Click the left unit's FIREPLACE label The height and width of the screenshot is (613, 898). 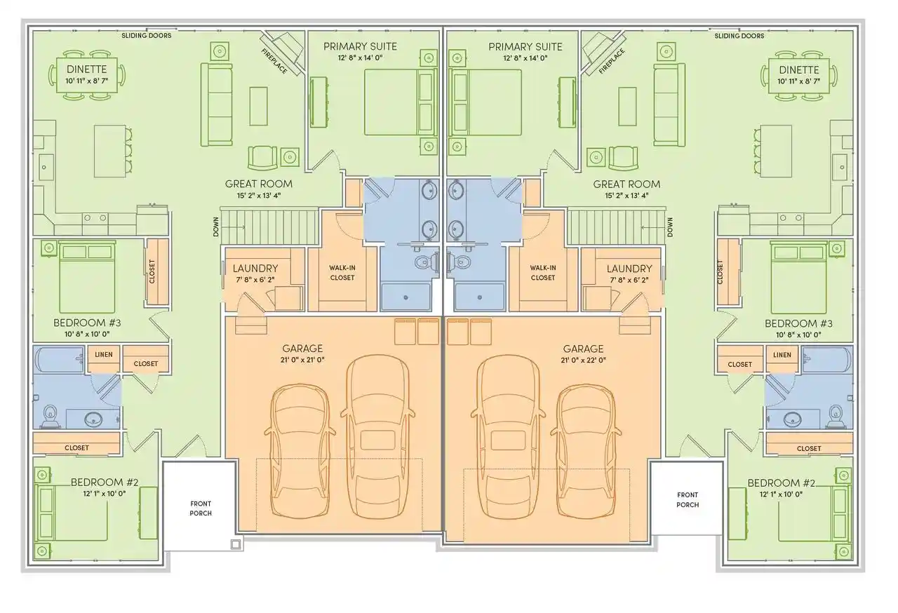click(274, 61)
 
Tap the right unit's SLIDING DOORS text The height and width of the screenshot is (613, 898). click(739, 36)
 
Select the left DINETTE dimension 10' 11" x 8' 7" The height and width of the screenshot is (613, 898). click(86, 81)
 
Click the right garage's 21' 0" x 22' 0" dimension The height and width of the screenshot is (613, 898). click(583, 361)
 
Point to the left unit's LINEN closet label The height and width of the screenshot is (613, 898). click(104, 355)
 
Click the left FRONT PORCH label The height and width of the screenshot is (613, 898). click(201, 508)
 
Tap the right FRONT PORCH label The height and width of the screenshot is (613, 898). click(688, 499)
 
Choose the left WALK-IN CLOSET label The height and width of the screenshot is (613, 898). click(342, 272)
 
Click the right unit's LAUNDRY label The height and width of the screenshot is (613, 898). click(629, 269)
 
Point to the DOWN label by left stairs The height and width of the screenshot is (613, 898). click(216, 227)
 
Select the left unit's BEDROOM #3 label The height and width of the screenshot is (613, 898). click(87, 323)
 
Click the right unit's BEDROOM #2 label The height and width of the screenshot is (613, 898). click(782, 483)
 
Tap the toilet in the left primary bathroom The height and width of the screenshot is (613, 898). click(426, 262)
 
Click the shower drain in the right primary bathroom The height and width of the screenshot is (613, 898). click(480, 297)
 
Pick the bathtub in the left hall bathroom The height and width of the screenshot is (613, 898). click(60, 361)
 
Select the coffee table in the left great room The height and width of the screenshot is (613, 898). click(258, 106)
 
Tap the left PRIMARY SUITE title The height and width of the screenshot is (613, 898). click(360, 46)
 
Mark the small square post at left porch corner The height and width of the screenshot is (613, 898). click(236, 544)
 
